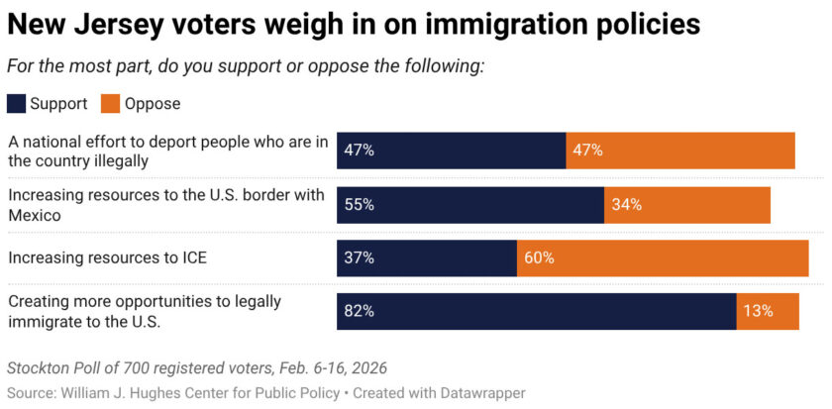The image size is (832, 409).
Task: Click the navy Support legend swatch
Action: (x=17, y=103)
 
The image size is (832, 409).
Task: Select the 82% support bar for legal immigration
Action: (x=536, y=310)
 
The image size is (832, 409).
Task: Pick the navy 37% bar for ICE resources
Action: (x=427, y=257)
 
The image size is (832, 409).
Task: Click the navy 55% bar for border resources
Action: (x=470, y=204)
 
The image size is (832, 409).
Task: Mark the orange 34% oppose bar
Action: (x=687, y=204)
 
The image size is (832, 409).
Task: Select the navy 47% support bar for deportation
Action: (x=452, y=151)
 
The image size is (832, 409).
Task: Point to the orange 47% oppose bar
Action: (x=680, y=151)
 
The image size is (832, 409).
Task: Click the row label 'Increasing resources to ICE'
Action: (x=107, y=257)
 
